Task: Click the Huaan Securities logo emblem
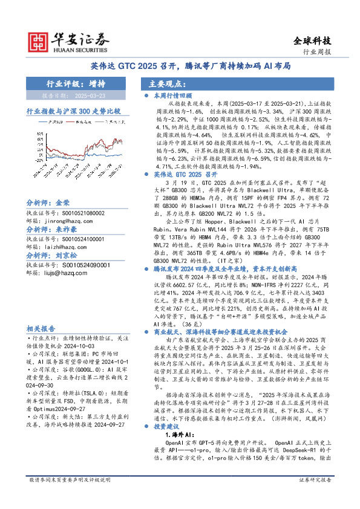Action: tap(38, 41)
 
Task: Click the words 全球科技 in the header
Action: tap(312, 41)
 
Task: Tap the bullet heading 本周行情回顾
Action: tap(172, 95)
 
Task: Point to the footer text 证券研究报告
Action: tap(332, 496)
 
